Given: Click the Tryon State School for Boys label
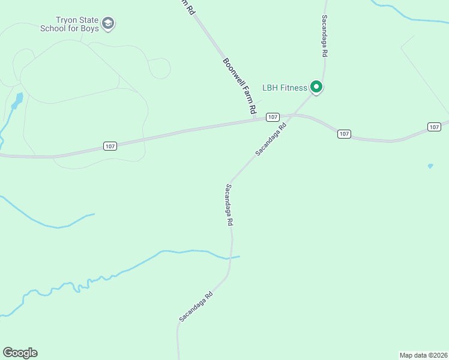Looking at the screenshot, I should [69, 24].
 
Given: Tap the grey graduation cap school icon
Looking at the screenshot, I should [108, 24].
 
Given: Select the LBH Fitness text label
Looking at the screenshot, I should [285, 88].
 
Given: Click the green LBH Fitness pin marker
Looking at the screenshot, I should [316, 88].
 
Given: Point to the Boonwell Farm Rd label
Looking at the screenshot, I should [240, 86].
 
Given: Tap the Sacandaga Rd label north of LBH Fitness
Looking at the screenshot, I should [324, 36].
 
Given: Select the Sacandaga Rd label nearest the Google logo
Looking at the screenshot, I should [196, 306].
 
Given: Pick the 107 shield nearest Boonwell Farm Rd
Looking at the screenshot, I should [273, 116].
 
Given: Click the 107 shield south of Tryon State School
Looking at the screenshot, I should [109, 146].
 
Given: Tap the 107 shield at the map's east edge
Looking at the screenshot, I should [435, 127].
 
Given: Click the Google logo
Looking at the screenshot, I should [20, 353].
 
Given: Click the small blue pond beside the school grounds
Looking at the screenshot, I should [17, 100].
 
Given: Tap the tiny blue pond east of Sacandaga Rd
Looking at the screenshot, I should [430, 166].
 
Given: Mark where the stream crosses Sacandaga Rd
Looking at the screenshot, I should [231, 258].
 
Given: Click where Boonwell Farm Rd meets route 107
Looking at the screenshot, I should [257, 119].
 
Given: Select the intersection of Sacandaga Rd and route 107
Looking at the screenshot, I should [292, 115].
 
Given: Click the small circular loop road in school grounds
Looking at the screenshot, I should [160, 68].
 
